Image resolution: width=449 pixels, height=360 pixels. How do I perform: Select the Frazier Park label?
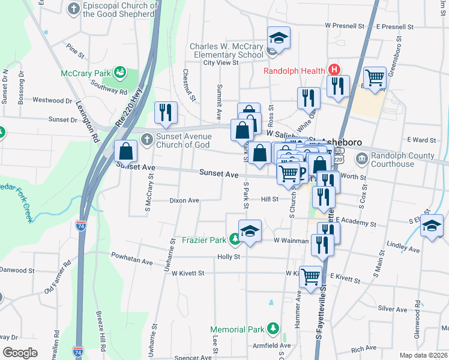[204, 241]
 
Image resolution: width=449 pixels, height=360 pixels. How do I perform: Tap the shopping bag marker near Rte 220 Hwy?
[127, 152]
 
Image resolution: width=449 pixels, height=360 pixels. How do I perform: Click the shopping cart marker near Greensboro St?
[375, 77]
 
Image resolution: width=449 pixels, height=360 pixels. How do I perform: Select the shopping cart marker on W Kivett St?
[310, 277]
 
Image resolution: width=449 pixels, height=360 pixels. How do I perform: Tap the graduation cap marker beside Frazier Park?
[250, 230]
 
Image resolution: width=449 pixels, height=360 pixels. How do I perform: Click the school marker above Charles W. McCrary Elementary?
[279, 38]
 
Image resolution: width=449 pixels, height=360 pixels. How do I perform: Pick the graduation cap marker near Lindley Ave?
[432, 226]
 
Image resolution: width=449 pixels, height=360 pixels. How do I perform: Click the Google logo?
[20, 353]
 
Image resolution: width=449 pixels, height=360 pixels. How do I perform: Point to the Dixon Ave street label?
[184, 200]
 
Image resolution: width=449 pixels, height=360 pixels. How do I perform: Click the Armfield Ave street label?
[273, 345]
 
